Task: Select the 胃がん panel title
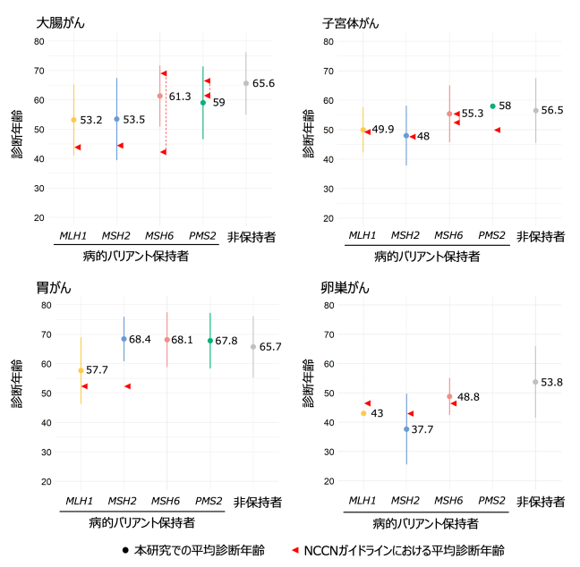tap(55, 287)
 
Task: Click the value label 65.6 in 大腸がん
tap(263, 83)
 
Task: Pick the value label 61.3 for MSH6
tap(180, 96)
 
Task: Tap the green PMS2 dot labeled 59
tap(203, 103)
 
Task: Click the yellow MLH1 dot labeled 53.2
tap(73, 120)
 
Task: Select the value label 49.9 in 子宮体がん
tap(383, 130)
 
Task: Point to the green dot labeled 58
tap(492, 106)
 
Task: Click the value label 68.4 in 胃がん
tap(140, 340)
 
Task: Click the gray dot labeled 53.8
tap(535, 382)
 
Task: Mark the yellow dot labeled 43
tap(363, 413)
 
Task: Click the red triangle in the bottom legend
tap(294, 549)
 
